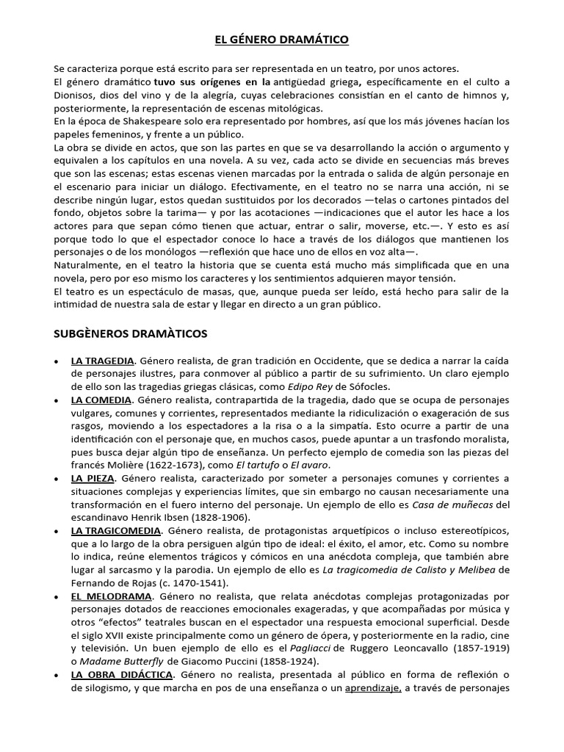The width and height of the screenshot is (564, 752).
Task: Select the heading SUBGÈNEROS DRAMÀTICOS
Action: [131, 333]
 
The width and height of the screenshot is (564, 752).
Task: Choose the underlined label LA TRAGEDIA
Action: [102, 361]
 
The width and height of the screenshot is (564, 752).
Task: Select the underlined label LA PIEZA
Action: [92, 479]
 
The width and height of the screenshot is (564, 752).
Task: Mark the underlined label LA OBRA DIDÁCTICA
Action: [122, 674]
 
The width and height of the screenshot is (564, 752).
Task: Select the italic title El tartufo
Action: [251, 466]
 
